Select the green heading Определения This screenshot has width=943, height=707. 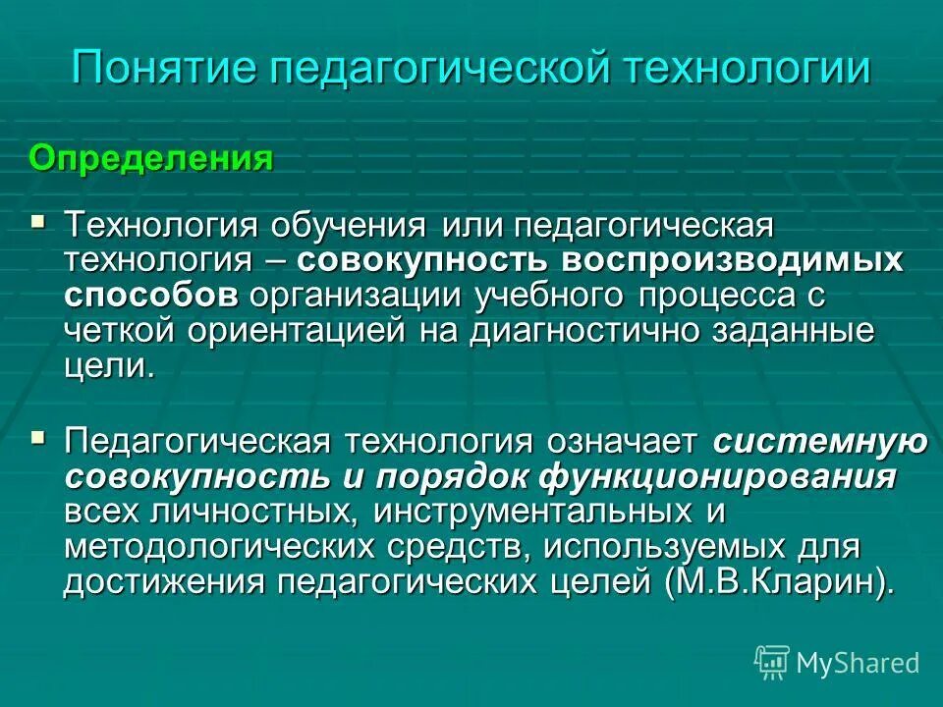pyautogui.click(x=150, y=158)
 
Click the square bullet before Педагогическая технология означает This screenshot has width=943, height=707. pyautogui.click(x=39, y=434)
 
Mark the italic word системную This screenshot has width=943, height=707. pyautogui.click(x=820, y=442)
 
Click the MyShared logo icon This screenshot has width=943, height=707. pyautogui.click(x=771, y=662)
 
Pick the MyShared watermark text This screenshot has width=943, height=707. pyautogui.click(x=858, y=663)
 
